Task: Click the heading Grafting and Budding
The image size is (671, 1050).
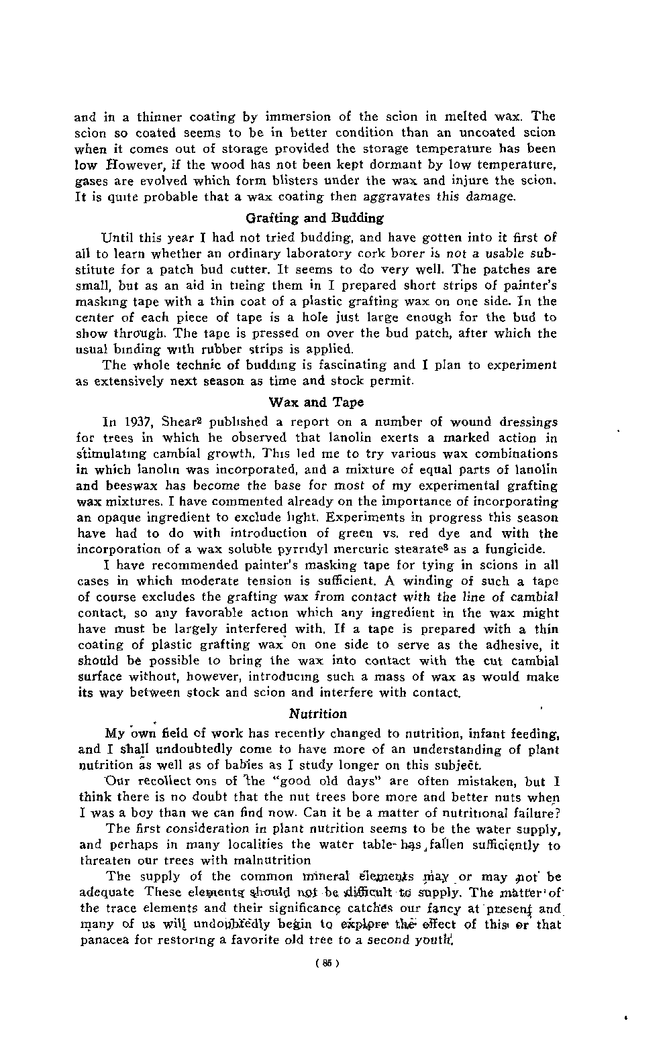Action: tap(315, 218)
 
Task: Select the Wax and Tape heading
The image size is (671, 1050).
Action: tap(316, 402)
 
